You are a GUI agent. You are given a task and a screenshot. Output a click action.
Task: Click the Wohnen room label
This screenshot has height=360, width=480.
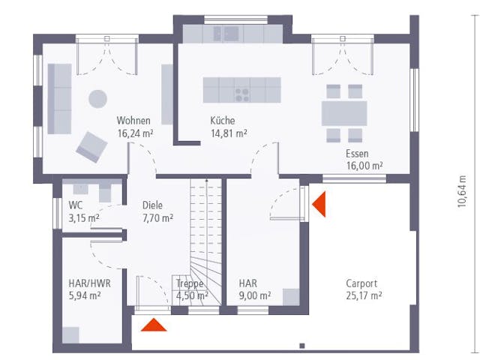coord(133,121)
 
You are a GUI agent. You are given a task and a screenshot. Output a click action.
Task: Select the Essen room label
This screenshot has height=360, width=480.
coord(357,153)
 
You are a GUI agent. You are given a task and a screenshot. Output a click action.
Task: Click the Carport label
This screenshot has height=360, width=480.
coord(361,283)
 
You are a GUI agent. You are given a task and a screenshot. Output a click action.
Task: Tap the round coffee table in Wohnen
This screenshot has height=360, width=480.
coord(97,98)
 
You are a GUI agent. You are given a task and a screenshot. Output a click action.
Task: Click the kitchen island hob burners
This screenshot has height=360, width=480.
coord(242,94)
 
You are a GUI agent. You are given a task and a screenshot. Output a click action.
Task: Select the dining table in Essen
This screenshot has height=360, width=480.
coord(344,113)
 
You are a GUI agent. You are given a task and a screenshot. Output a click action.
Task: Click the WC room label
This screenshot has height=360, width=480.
coord(76,205)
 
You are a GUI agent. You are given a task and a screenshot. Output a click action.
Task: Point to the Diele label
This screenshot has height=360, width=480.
coord(153,205)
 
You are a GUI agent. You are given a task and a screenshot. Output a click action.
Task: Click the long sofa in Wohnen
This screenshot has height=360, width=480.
coord(59,97)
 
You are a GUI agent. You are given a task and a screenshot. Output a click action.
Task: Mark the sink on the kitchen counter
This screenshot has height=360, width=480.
coord(226,32)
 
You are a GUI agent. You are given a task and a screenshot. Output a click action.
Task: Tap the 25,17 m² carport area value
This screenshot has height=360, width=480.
coord(364,295)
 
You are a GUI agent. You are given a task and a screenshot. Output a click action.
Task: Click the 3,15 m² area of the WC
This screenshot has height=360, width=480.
coord(83,218)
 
